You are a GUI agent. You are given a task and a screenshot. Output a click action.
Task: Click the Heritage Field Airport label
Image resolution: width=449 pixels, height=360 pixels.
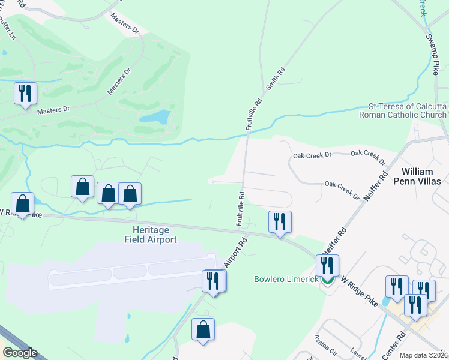(x=150, y=235)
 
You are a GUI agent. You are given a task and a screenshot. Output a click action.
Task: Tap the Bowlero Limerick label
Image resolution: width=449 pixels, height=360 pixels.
(x=285, y=280)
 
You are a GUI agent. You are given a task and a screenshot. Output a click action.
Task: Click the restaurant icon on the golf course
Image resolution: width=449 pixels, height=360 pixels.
(x=25, y=93)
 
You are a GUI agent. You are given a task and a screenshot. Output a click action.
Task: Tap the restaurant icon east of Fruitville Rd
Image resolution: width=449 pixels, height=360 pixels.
(x=280, y=221)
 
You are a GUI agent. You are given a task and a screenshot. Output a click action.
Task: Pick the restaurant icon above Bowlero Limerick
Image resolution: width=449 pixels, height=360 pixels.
(x=327, y=265)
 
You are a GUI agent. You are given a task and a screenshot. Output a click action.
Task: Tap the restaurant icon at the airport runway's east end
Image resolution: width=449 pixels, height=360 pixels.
(x=214, y=280)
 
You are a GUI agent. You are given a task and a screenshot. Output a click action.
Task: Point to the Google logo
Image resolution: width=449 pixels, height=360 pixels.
(x=19, y=353)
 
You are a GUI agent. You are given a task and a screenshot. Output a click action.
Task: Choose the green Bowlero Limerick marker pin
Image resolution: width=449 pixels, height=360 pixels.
(x=327, y=280)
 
